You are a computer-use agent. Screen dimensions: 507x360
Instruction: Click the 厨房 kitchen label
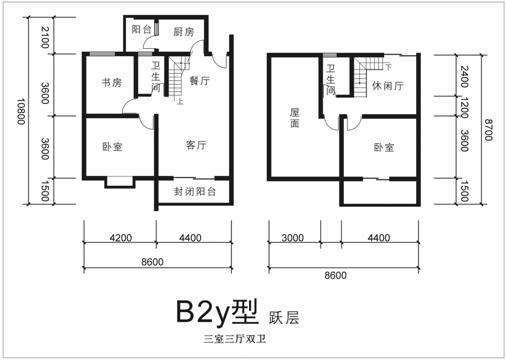tap(184, 32)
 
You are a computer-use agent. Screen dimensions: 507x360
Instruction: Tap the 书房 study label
tap(112, 83)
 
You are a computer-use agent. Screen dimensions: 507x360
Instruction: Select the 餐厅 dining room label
tap(199, 81)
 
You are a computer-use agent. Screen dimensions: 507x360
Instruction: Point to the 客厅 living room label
tap(196, 145)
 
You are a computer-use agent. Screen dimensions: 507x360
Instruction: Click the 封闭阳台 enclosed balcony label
tap(195, 192)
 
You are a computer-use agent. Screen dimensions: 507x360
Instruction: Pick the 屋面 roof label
tap(295, 118)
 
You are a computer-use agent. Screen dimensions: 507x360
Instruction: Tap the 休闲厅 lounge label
tap(388, 86)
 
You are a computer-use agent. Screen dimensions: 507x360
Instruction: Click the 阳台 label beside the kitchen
tap(141, 30)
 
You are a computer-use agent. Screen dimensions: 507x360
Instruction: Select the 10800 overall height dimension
tap(21, 111)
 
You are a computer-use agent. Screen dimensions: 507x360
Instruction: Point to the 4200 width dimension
tap(121, 238)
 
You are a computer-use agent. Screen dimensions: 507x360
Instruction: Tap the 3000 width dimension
tap(293, 238)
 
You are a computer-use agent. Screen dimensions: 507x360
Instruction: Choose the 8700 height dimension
tap(488, 130)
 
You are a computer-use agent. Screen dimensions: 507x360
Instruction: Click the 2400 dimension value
tap(464, 77)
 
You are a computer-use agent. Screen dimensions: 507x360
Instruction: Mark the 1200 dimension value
tap(464, 107)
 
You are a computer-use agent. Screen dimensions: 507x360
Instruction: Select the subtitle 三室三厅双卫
tap(235, 339)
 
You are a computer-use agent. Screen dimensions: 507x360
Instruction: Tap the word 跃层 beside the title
tap(284, 317)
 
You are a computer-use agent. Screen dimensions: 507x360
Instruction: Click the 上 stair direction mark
tap(180, 101)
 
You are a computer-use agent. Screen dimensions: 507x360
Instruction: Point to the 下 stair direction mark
tap(388, 67)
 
